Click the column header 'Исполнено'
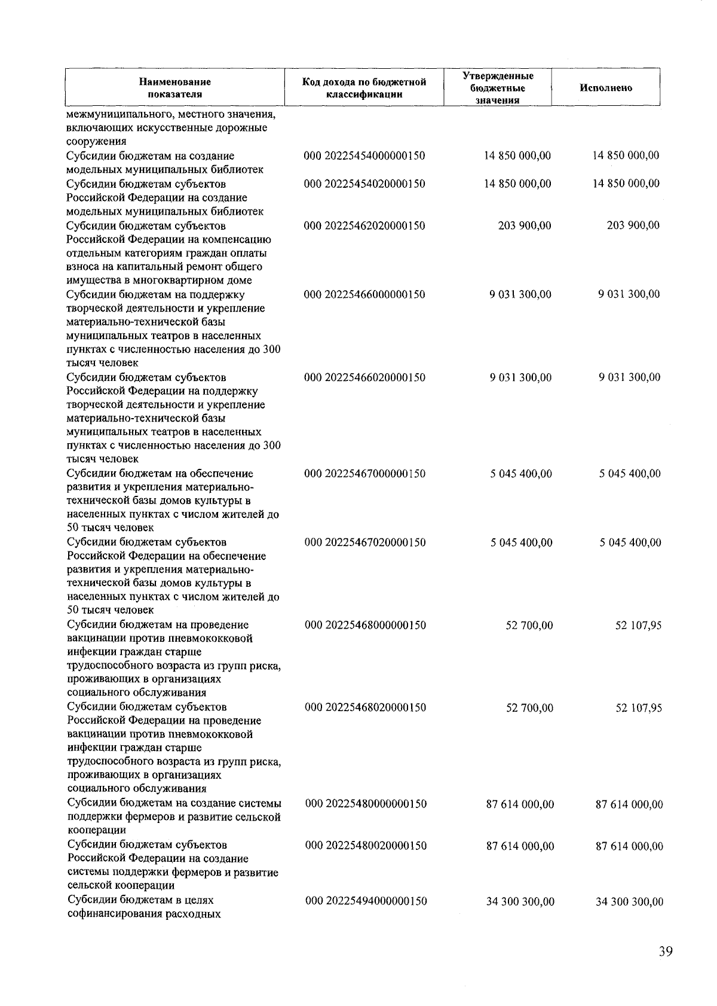pos(605,88)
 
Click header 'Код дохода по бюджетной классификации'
pos(364,88)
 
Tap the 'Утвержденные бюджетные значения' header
pos(497,88)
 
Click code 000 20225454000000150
pos(364,156)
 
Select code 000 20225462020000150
pos(364,226)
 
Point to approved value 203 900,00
pos(524,226)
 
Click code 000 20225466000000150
pos(364,295)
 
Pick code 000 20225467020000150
pos(365,543)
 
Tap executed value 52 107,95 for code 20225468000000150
pos(638,626)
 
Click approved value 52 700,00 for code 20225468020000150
pos(529,708)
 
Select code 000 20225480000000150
pos(366,804)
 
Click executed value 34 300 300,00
pos(629,902)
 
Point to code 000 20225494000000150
pos(366,901)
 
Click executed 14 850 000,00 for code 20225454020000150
pos(626,184)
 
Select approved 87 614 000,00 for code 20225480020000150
pos(520,846)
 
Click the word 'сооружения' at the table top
pos(96,142)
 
